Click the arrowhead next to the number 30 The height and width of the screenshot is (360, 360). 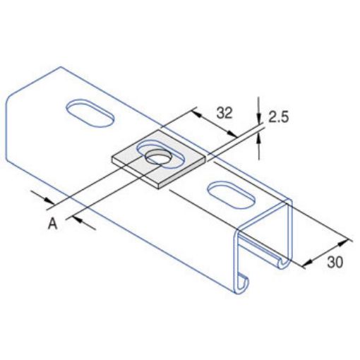308,263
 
